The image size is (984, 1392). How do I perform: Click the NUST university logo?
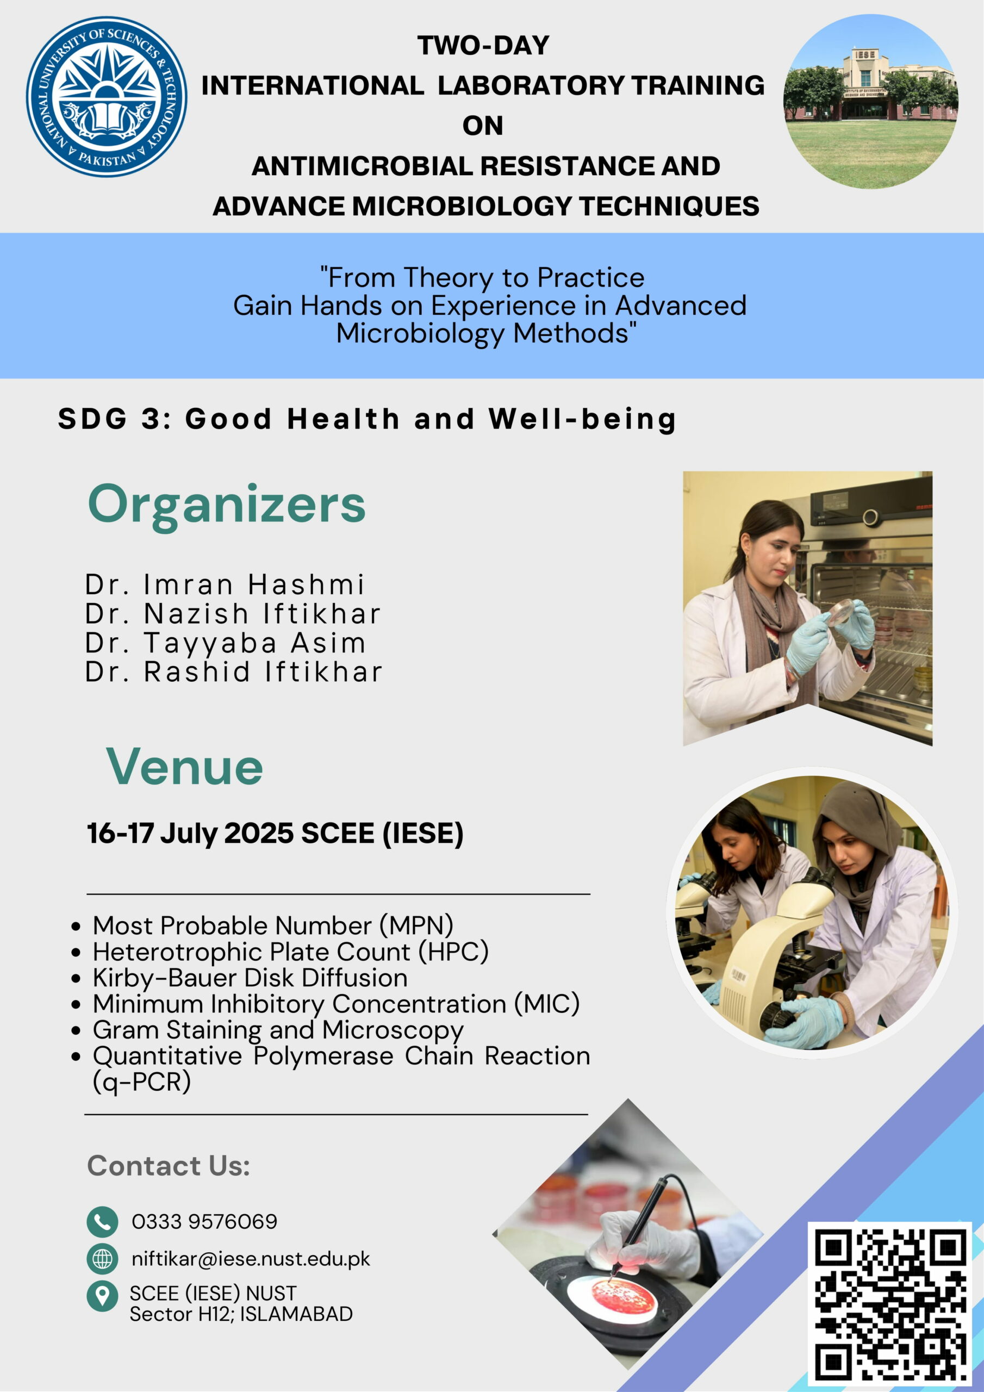[106, 97]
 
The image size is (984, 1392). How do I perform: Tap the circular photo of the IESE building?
[870, 101]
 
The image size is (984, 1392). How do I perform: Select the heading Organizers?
[227, 505]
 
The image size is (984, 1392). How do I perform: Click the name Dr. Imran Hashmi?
[225, 585]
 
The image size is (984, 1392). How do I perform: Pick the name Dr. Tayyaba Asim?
[226, 643]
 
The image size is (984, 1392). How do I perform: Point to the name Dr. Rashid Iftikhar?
[233, 672]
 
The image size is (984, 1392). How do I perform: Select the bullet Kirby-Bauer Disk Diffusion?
[250, 978]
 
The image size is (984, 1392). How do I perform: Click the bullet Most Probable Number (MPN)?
[273, 926]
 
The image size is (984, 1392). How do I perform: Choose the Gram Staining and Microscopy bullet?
[278, 1030]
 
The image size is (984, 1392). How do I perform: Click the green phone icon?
[102, 1221]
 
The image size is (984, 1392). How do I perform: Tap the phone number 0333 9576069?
[204, 1222]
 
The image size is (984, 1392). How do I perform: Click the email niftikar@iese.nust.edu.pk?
[251, 1259]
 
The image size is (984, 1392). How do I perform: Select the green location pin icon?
[102, 1296]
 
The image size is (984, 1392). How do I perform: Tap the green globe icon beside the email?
[102, 1259]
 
